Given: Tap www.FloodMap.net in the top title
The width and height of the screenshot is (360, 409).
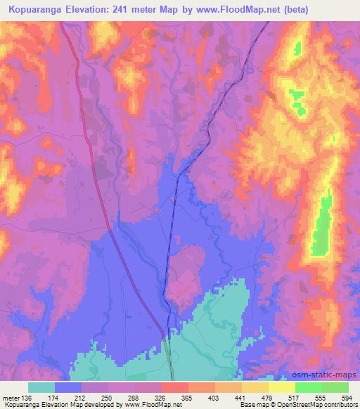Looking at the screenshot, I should pyautogui.click(x=224, y=9).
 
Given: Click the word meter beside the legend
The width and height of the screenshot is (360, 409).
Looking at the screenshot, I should pyautogui.click(x=12, y=397).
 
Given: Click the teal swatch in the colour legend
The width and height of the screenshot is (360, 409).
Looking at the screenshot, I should pyautogui.click(x=41, y=387).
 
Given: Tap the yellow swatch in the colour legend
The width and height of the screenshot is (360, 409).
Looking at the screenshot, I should pyautogui.click(x=282, y=387).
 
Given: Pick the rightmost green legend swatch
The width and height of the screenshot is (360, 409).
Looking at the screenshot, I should pyautogui.click(x=335, y=387).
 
